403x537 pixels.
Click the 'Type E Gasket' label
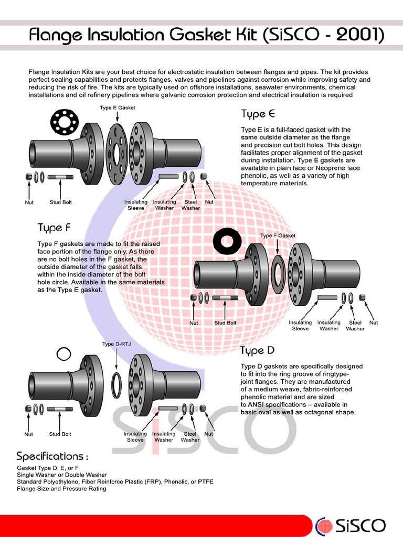coord(118,108)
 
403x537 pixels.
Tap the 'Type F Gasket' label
coord(278,236)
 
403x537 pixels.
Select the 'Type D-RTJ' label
coord(115,344)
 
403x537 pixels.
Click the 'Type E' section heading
coord(258,114)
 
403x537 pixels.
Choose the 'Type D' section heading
coord(257,350)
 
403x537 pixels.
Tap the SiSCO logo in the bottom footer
coord(351,525)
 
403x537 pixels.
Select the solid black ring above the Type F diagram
coord(227,242)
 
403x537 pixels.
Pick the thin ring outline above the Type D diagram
coord(63,355)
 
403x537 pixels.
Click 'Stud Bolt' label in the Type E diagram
coord(60,202)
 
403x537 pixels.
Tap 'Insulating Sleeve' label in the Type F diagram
coord(300,326)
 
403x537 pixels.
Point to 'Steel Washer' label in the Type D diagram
coord(190,437)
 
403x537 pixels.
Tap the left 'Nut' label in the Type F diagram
coord(194,323)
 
